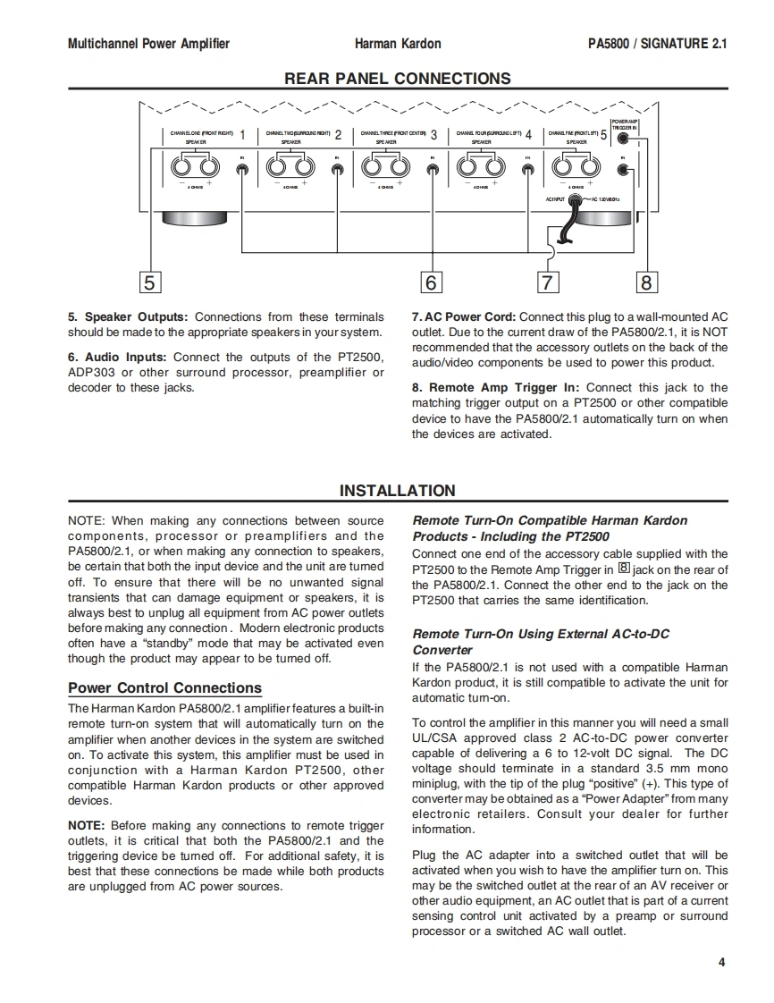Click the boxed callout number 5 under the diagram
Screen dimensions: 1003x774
(x=149, y=282)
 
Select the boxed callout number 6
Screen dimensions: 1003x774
(x=431, y=282)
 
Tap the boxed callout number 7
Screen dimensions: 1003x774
(x=547, y=282)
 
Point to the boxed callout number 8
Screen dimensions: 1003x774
(x=645, y=282)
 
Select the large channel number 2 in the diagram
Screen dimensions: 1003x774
(x=338, y=136)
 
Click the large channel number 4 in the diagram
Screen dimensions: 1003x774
(x=528, y=136)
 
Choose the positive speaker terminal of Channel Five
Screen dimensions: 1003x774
(x=590, y=167)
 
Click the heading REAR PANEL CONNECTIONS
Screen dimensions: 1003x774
(x=398, y=79)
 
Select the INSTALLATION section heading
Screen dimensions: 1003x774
(x=398, y=491)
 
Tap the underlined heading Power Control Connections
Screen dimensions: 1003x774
(x=165, y=688)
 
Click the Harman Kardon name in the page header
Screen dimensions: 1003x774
(x=398, y=43)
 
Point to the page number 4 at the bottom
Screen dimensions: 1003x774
(x=721, y=963)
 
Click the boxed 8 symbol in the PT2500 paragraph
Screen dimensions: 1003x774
(x=624, y=569)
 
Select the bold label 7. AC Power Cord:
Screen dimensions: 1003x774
(x=463, y=317)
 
